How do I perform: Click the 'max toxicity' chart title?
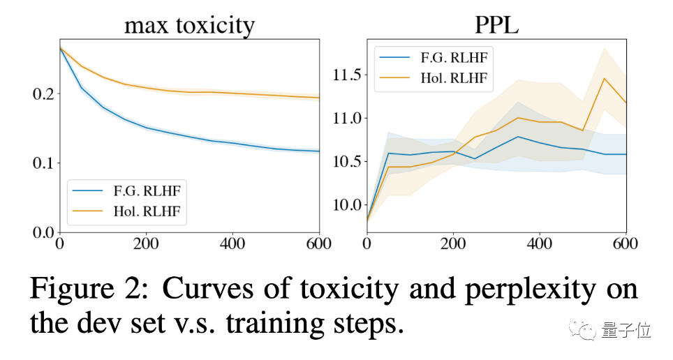(x=189, y=25)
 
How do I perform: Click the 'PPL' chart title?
(x=496, y=25)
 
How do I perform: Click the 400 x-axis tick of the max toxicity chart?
(x=232, y=246)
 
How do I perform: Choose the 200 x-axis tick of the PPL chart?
(x=452, y=246)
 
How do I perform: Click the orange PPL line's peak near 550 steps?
(x=604, y=78)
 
